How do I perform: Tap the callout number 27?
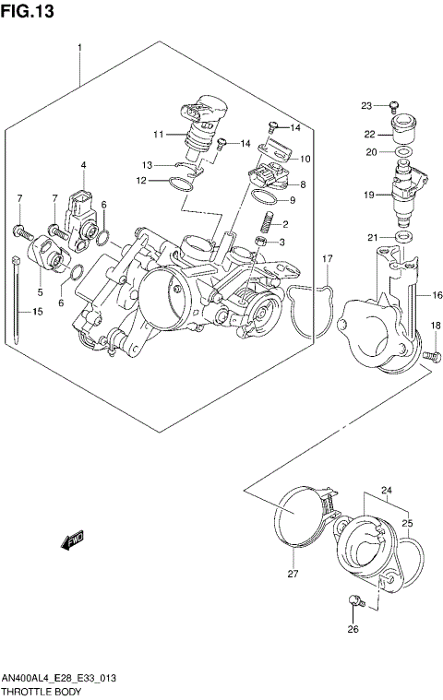click(x=293, y=574)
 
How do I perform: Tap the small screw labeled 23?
click(x=393, y=105)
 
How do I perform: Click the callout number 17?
click(x=327, y=258)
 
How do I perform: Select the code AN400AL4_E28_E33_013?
click(x=58, y=677)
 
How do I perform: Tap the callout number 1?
click(x=80, y=47)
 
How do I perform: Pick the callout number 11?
click(x=158, y=134)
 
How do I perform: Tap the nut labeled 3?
click(x=261, y=243)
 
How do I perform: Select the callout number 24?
click(x=387, y=490)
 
